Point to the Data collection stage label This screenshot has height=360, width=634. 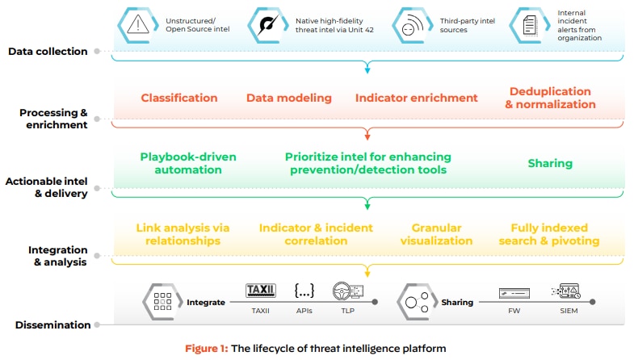pyautogui.click(x=48, y=52)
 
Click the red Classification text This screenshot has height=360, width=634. pyautogui.click(x=178, y=98)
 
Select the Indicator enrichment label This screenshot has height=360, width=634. pyautogui.click(x=416, y=98)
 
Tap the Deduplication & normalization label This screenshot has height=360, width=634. pyautogui.click(x=550, y=98)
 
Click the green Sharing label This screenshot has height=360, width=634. pyautogui.click(x=550, y=163)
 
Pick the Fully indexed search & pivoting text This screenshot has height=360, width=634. pyautogui.click(x=555, y=234)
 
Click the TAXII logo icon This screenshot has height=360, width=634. pyautogui.click(x=260, y=291)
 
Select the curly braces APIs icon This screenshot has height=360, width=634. pyautogui.click(x=304, y=291)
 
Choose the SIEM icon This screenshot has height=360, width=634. pyautogui.click(x=565, y=291)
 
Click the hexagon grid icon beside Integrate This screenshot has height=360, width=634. pyautogui.click(x=162, y=303)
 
